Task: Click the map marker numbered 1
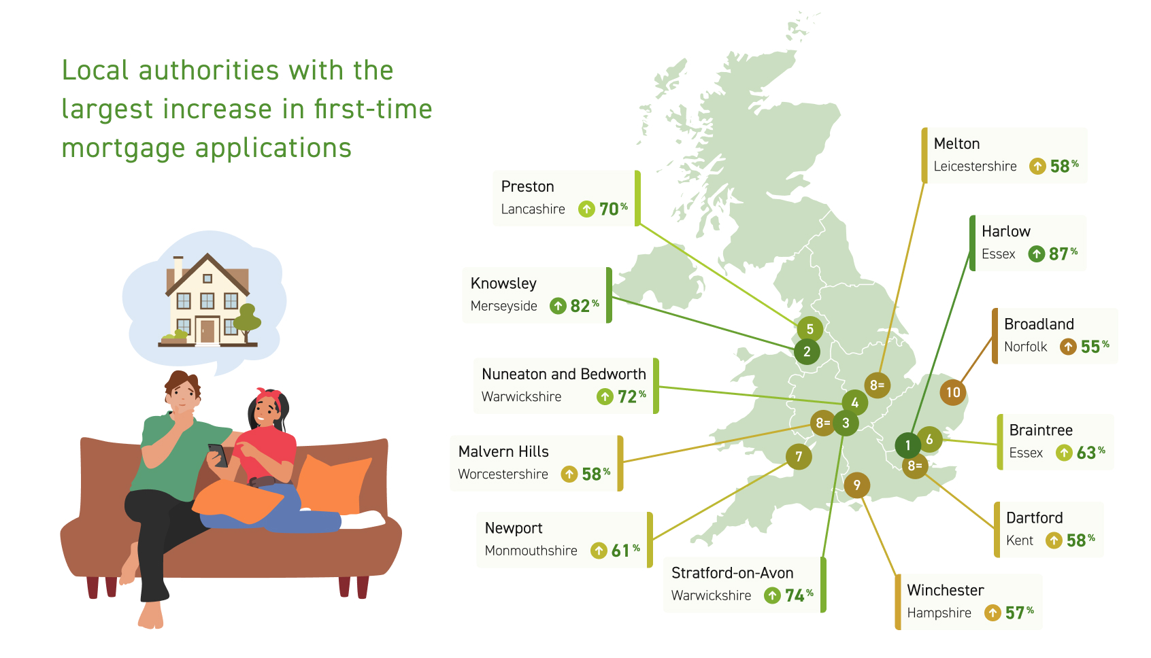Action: pyautogui.click(x=907, y=445)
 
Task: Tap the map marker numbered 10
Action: pyautogui.click(x=952, y=393)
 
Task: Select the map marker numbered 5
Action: pyautogui.click(x=810, y=329)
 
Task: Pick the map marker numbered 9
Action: pyautogui.click(x=856, y=485)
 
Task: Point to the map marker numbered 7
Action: pyautogui.click(x=799, y=456)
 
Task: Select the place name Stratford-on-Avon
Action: pyautogui.click(x=732, y=573)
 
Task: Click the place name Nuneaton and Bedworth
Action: pyautogui.click(x=564, y=374)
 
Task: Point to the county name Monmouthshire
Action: pyautogui.click(x=531, y=551)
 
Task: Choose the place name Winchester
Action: pyautogui.click(x=946, y=590)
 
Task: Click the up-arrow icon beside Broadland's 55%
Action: pyautogui.click(x=1068, y=347)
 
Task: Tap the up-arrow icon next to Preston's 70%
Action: pyautogui.click(x=586, y=209)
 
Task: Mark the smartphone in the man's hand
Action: pyautogui.click(x=218, y=455)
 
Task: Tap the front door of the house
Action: pyautogui.click(x=207, y=332)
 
